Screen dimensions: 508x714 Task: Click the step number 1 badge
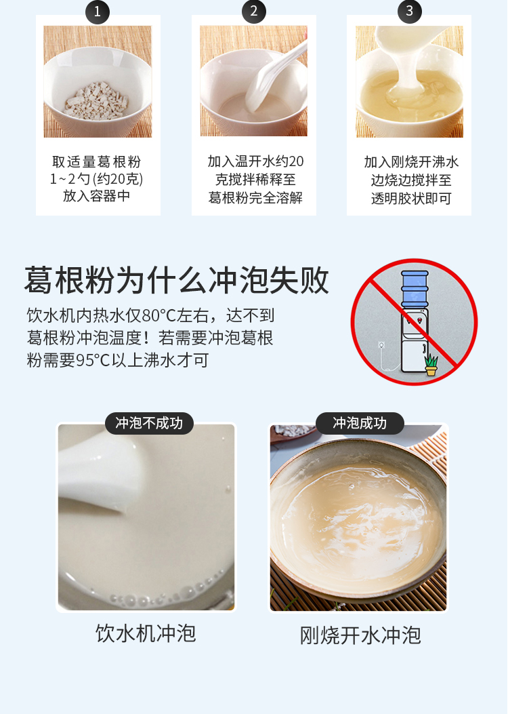point(98,12)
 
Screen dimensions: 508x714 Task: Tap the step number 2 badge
point(254,12)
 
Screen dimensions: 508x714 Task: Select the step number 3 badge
point(409,12)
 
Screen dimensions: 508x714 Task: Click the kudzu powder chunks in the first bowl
point(96,101)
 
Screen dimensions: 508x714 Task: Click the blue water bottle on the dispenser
point(415,289)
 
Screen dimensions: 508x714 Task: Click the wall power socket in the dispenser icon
point(382,345)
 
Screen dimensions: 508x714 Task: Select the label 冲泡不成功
point(149,423)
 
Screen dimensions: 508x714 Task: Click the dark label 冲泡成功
point(360,423)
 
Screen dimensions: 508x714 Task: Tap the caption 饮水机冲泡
point(146,633)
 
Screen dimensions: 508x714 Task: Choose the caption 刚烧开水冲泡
point(360,635)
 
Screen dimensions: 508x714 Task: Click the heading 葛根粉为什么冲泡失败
point(177,280)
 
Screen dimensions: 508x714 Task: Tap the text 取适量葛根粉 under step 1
point(96,161)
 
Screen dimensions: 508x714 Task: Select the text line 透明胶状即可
point(411,199)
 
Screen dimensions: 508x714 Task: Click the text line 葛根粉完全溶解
point(255,197)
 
